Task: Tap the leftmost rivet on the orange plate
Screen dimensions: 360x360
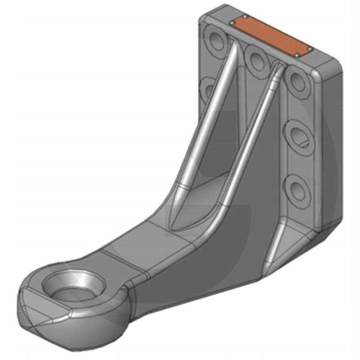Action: click(232, 22)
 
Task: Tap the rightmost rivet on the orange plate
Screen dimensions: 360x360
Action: click(310, 49)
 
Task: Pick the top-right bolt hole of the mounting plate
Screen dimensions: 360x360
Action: click(298, 80)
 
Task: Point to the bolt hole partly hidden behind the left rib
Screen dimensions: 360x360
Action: click(208, 89)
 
